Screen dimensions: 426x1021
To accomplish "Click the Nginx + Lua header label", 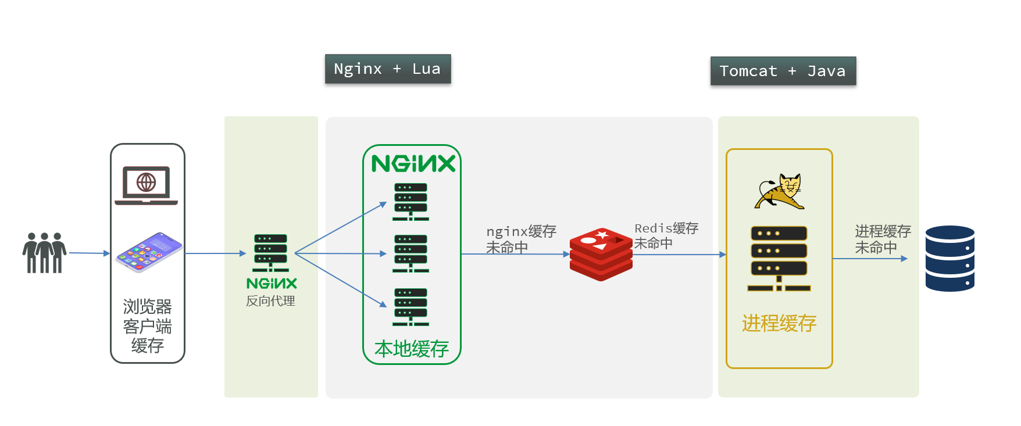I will coord(387,69).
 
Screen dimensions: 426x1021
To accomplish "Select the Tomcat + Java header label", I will coord(783,71).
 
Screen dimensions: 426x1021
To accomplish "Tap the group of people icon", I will coord(44,253).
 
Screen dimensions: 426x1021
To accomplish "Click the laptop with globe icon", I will coord(147,185).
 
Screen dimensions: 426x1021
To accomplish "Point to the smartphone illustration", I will coord(149,252).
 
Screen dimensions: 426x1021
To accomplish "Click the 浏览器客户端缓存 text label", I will coord(147,325).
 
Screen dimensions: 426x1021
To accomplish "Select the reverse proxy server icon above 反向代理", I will coord(270,253).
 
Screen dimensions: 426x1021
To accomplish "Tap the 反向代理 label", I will coord(270,301).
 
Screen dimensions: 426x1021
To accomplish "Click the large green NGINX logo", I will coord(413,164).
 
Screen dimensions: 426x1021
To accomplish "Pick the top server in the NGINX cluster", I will coord(410,202).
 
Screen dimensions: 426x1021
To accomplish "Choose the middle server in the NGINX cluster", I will coord(410,253).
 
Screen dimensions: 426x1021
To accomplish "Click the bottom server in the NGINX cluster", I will coord(410,307).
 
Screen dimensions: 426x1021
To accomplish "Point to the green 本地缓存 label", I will coord(412,349).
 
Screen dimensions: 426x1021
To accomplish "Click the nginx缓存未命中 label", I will coord(520,239).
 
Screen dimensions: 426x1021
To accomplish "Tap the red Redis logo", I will coord(601,254).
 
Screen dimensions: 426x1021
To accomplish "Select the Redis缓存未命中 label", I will coord(666,236).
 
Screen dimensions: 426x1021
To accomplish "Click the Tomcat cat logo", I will coord(779,192).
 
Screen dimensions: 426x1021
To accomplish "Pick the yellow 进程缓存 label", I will coord(779,323).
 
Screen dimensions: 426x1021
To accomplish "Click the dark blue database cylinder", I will coord(949,259).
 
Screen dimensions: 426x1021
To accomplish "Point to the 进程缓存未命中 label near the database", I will coord(882,239).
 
